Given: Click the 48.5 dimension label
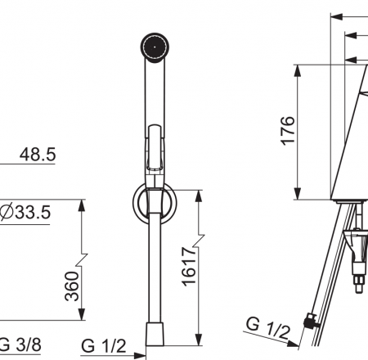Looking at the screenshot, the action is point(38,155).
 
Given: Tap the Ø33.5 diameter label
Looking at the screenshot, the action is point(25,212).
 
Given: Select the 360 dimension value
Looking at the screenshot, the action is point(72,286).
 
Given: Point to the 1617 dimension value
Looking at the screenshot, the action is point(189,267).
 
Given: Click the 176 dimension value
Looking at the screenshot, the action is point(288,131).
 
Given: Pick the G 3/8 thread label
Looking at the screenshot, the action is point(20,344).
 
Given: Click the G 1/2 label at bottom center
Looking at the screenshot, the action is point(104,346).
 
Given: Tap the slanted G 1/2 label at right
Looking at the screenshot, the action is point(267,328).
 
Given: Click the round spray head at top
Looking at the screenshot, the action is point(155,47).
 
